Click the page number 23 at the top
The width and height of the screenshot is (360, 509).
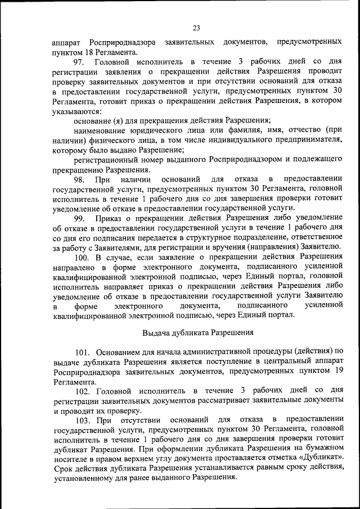(196, 28)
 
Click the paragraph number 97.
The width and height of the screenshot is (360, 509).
(79, 61)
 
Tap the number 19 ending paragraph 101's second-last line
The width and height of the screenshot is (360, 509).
(338, 372)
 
